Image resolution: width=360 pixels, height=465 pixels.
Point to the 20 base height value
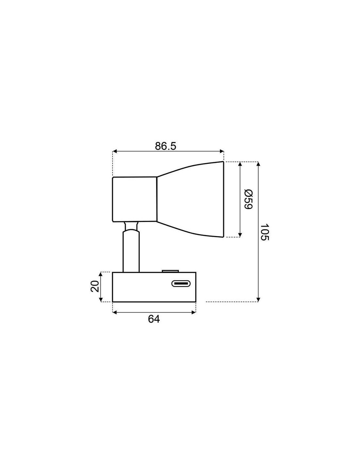click(95, 286)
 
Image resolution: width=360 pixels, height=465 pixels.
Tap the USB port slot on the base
click(181, 284)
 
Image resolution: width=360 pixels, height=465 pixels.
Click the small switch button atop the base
click(170, 271)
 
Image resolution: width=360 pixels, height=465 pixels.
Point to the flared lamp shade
click(190, 199)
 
